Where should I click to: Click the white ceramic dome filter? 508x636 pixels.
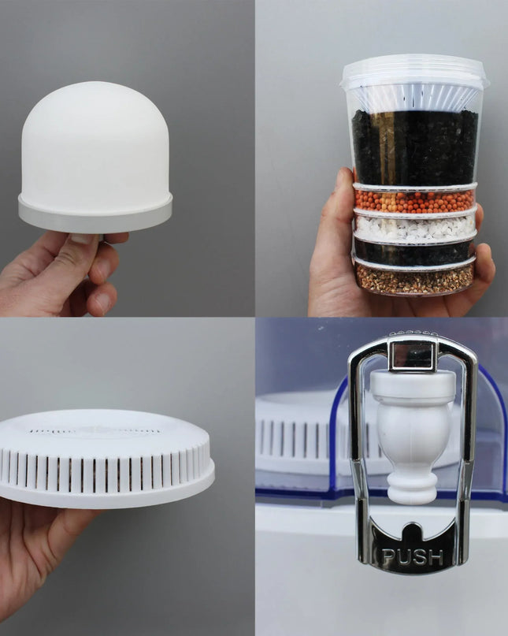tap(95, 142)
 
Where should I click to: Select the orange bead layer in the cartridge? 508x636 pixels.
tap(415, 201)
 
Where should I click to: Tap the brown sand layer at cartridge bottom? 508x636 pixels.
tap(415, 277)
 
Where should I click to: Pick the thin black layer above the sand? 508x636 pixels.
tap(413, 252)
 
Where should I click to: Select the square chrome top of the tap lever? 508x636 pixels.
tap(413, 355)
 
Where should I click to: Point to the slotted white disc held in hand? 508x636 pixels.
tap(106, 461)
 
